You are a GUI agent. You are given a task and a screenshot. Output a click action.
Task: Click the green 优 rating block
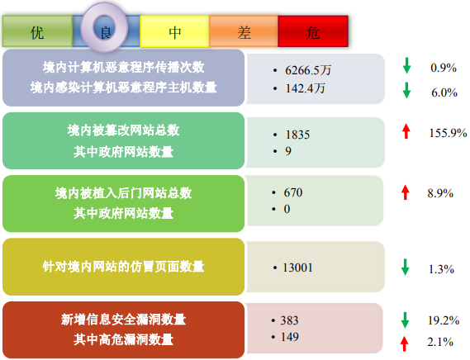tap(37, 31)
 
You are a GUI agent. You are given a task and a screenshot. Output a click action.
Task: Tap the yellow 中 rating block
tap(174, 31)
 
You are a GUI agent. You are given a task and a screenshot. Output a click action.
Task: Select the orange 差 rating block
tap(244, 31)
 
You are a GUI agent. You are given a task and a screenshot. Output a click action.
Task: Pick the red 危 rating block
tap(313, 31)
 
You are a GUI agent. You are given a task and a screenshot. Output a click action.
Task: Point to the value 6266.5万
tap(308, 70)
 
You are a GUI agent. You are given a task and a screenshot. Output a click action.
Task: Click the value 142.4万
tap(305, 88)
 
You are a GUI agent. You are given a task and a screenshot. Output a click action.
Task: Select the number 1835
tap(297, 135)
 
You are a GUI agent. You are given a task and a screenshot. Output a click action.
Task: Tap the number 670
tap(293, 192)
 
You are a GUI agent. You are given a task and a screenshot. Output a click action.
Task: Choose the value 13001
tap(297, 268)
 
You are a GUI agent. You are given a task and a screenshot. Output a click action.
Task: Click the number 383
tap(289, 320)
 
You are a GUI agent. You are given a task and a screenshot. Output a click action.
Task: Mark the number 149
tap(290, 337)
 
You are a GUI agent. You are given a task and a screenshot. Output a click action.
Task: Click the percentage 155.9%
tap(449, 133)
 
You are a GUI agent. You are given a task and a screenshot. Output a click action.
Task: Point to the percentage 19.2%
tap(444, 320)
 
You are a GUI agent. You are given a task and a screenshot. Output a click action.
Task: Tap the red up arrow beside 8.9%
tap(406, 192)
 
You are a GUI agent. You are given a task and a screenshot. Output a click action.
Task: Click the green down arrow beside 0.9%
tap(406, 66)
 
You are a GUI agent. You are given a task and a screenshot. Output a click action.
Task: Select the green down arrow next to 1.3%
tap(406, 267)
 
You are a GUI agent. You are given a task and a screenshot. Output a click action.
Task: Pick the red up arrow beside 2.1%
tap(405, 343)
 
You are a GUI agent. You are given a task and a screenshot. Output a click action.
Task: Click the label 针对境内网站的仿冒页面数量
tap(123, 267)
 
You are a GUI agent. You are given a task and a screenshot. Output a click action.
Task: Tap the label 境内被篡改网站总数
tap(123, 130)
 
